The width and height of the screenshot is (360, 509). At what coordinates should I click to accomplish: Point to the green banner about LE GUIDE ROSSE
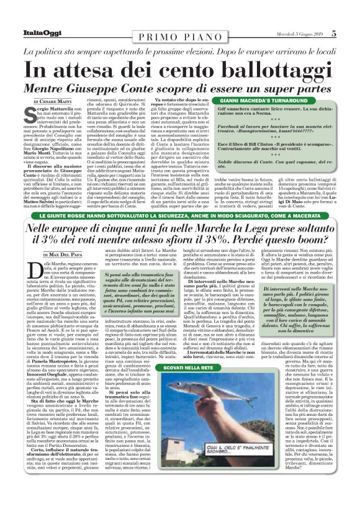[180, 216]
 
